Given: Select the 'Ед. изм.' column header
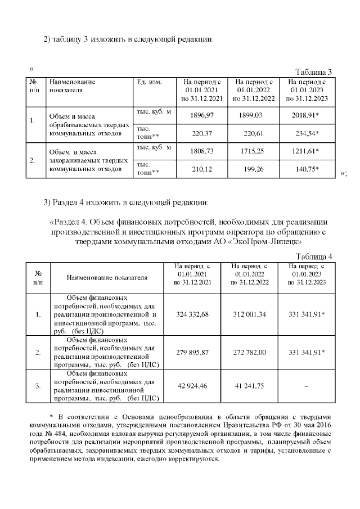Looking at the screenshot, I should click(149, 82).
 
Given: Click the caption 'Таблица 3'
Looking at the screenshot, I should click(314, 71).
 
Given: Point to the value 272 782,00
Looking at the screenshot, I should click(249, 352).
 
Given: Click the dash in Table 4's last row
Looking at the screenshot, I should click(307, 386).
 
